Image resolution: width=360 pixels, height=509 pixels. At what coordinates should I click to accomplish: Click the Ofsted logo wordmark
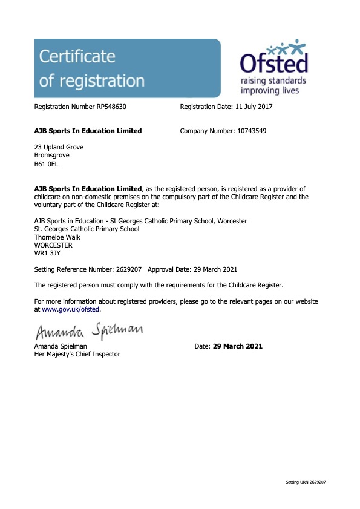point(273,62)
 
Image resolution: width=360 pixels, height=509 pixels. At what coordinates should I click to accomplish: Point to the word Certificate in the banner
point(77,57)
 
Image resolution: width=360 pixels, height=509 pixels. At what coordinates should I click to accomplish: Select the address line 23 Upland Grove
point(59,147)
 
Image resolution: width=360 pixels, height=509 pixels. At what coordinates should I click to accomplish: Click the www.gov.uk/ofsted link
point(71,309)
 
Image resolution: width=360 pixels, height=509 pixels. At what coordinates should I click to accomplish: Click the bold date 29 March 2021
point(238,346)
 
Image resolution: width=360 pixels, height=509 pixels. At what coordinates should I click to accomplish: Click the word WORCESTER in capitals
point(53,245)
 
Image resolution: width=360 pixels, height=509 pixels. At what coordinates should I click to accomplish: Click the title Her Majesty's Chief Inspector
point(77,354)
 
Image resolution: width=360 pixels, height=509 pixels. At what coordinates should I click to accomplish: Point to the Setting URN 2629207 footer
point(306,482)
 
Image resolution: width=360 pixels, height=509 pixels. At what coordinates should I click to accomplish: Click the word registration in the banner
point(92,80)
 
